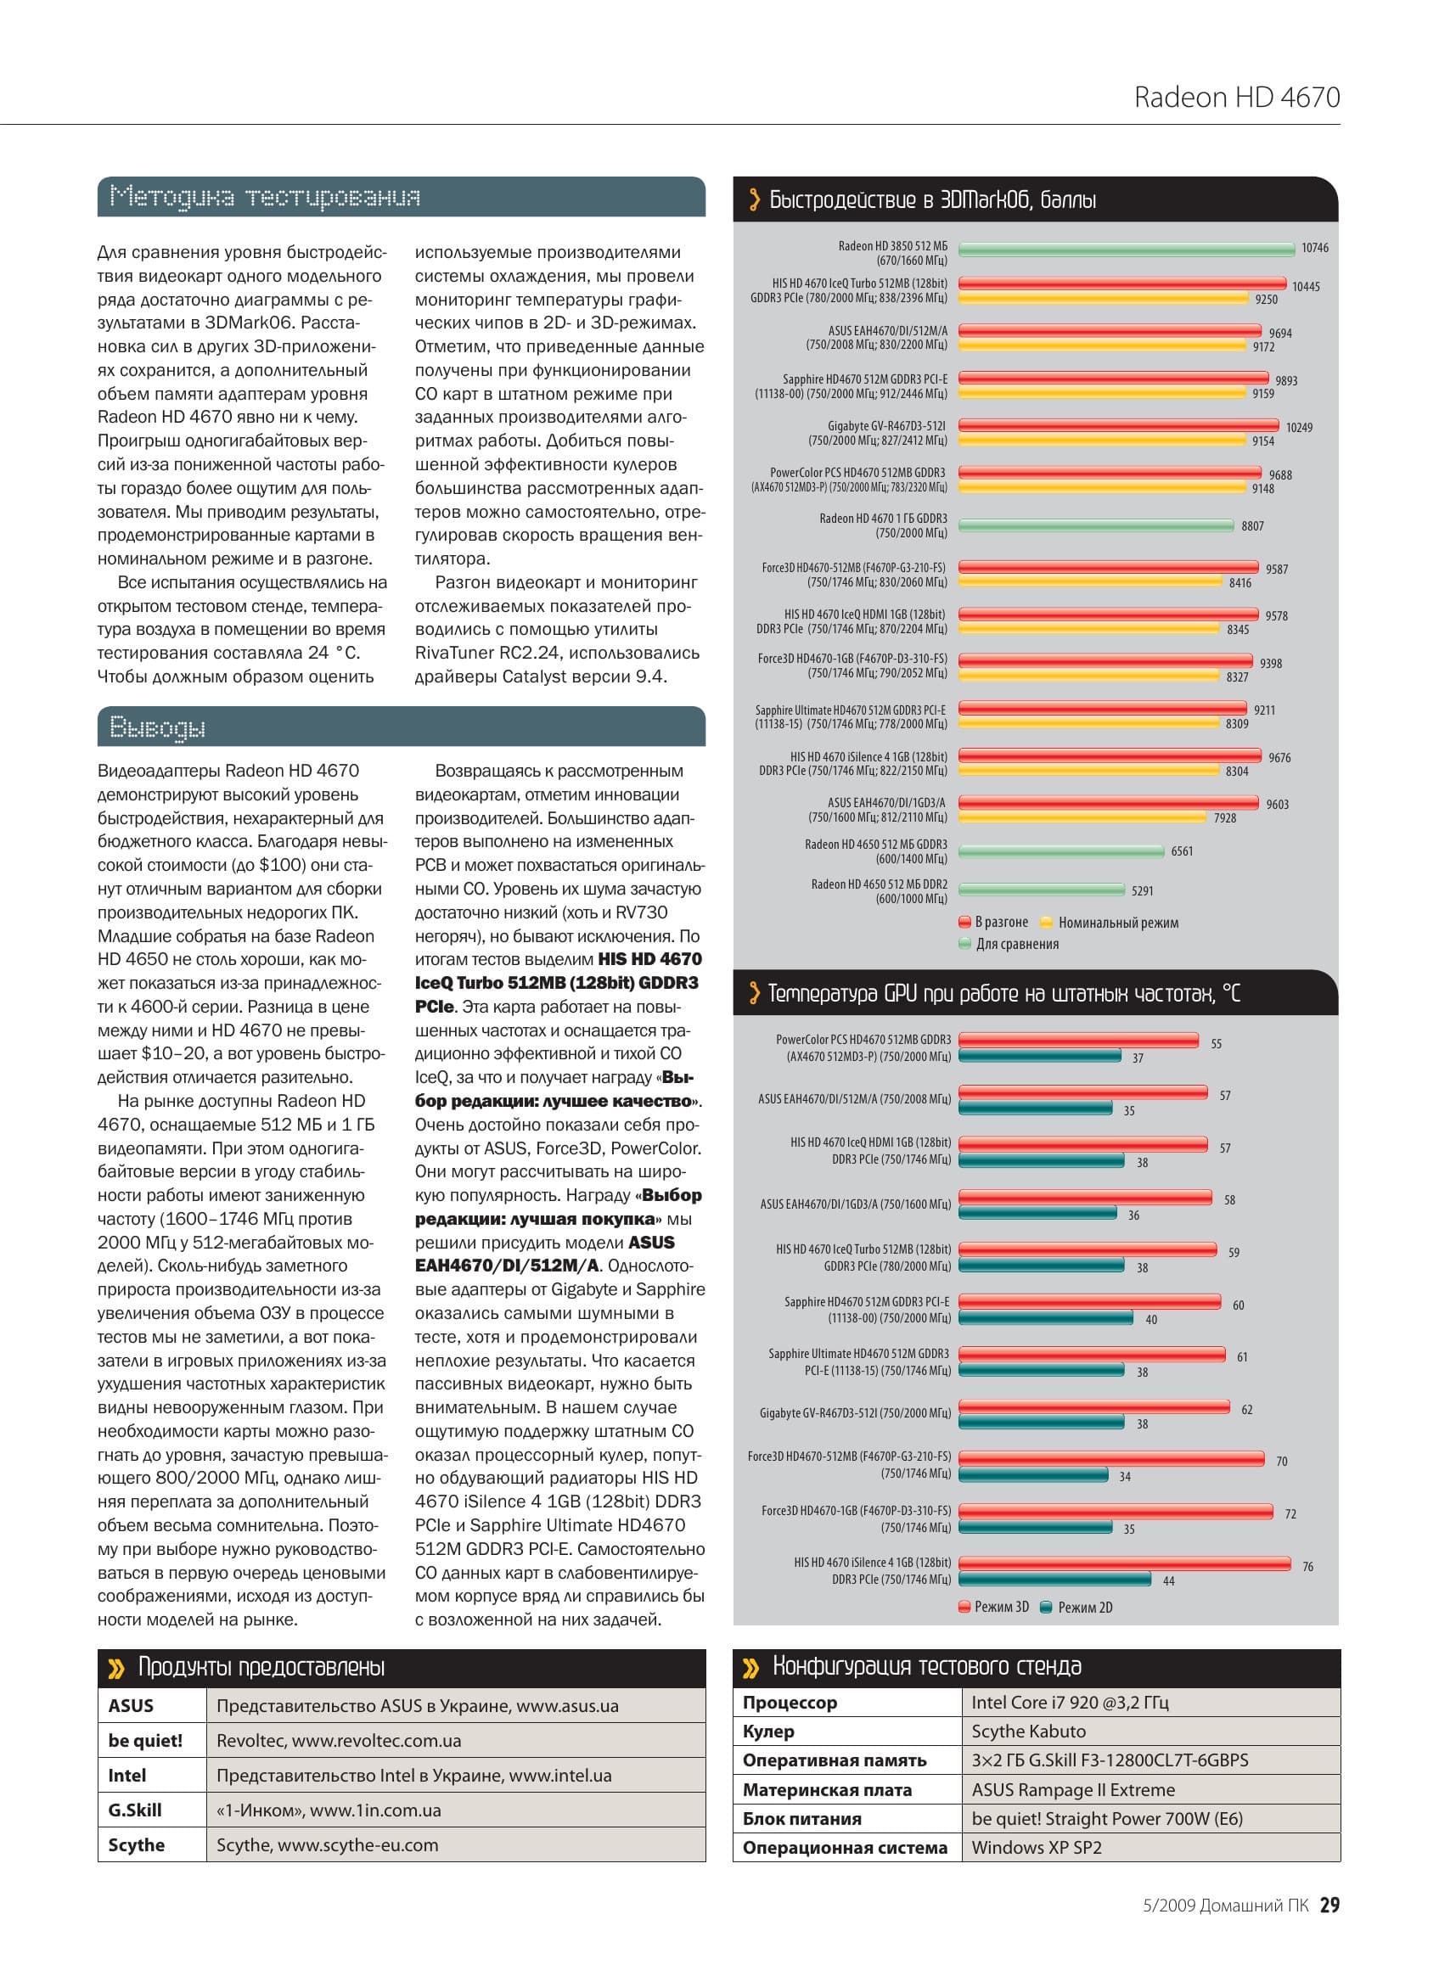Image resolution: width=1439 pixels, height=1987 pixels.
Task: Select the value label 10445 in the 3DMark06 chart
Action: click(x=1306, y=287)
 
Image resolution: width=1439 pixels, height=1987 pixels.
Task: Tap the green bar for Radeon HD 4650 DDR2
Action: click(x=1041, y=890)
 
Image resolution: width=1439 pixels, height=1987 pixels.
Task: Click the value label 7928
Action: click(x=1225, y=818)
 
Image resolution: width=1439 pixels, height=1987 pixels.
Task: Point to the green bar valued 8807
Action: click(x=1095, y=525)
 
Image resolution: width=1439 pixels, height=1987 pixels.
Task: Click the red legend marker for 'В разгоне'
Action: click(x=966, y=923)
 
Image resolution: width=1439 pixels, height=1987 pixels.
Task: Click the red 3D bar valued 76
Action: click(x=1124, y=1563)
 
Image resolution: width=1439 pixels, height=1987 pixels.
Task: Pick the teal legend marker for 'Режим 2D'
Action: click(x=1046, y=1608)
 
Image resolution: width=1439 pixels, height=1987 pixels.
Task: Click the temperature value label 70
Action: click(x=1282, y=1462)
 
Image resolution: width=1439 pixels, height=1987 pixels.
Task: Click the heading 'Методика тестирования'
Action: click(x=265, y=197)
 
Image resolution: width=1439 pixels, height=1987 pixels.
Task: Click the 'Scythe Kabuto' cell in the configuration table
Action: click(x=1029, y=1732)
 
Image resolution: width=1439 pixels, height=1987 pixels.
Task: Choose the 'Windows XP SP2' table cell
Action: click(x=1037, y=1848)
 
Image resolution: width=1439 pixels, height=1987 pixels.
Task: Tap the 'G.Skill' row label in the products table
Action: click(x=135, y=1810)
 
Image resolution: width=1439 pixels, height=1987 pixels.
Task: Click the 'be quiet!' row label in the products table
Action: click(x=145, y=1741)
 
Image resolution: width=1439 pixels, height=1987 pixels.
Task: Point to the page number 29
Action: click(x=1329, y=1905)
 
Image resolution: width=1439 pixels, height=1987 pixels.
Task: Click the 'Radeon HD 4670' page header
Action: click(x=1237, y=98)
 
